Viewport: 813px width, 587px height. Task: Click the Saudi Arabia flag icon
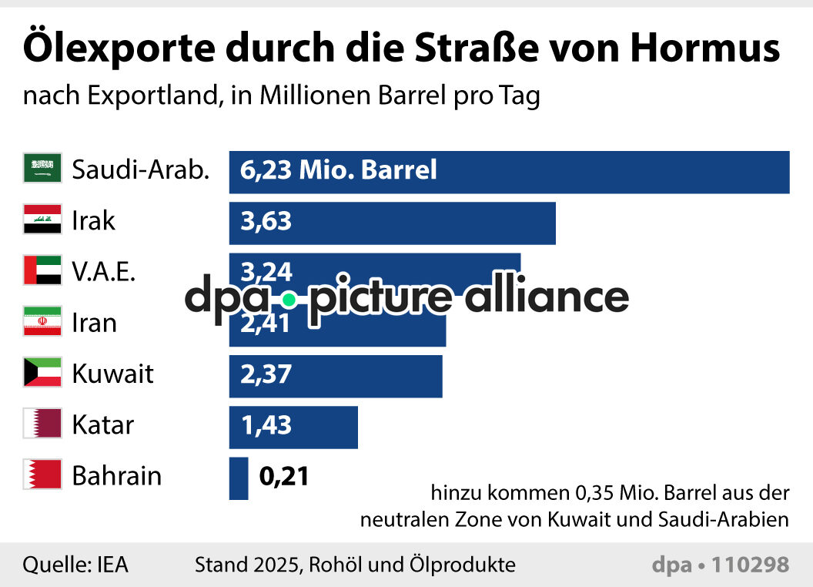pos(42,169)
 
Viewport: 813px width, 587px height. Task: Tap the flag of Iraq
pos(42,220)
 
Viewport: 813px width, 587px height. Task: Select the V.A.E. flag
pos(42,271)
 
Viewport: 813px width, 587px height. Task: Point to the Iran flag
pos(42,322)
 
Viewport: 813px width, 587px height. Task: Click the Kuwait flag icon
pos(42,374)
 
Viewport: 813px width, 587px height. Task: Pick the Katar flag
pos(42,424)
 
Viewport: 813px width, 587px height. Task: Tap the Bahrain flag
pos(42,475)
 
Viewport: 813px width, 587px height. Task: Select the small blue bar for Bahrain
pos(239,478)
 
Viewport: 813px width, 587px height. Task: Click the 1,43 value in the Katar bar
pos(266,425)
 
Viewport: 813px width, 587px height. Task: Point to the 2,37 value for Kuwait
pos(266,374)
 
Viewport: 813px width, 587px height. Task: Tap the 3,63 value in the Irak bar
pos(266,221)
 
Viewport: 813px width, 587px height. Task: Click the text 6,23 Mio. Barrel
pos(339,169)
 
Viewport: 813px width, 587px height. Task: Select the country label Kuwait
pos(112,374)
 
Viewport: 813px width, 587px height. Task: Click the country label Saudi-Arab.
pos(140,169)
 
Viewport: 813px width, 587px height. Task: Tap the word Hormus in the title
pos(705,49)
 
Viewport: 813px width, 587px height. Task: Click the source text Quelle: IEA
pos(75,565)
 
